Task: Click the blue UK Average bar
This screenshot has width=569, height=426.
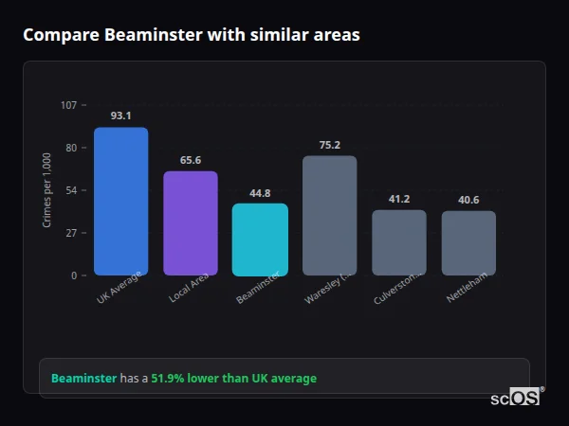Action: point(120,202)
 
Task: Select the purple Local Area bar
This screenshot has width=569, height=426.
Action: point(190,223)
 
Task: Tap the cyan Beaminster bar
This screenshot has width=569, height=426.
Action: point(260,240)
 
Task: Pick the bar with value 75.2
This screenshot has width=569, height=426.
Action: point(329,216)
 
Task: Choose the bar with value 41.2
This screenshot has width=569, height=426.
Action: point(398,242)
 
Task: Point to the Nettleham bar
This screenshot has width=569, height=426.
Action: point(468,243)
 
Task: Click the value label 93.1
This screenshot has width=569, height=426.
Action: point(120,116)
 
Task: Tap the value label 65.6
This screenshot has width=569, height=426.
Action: point(190,160)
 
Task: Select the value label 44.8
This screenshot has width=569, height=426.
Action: point(260,193)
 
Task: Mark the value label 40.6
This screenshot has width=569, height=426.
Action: point(468,200)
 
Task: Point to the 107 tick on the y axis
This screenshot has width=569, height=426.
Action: point(68,105)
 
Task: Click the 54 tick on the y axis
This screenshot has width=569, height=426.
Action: point(71,190)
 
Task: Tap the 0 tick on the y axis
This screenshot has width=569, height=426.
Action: point(74,275)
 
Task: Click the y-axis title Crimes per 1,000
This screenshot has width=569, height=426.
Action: point(47,190)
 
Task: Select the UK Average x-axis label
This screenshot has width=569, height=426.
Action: point(119,289)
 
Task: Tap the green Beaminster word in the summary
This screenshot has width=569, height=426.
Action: point(83,379)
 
